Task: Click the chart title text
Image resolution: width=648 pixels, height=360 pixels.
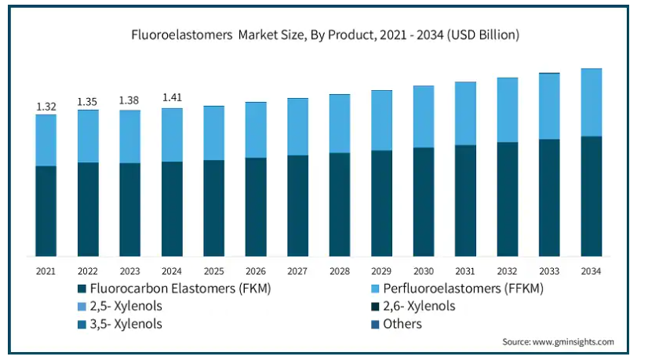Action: click(324, 35)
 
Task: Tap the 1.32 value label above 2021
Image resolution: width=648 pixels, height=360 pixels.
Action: click(46, 106)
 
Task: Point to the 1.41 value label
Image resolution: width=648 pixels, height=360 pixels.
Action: click(172, 98)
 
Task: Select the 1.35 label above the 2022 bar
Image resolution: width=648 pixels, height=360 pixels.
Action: click(88, 101)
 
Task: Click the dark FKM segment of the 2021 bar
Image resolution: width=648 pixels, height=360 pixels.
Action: click(46, 210)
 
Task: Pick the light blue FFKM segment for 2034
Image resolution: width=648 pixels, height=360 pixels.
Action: click(592, 102)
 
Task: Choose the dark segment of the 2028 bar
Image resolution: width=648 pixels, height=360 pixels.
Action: click(340, 204)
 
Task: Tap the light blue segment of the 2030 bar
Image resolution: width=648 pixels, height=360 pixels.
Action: click(424, 116)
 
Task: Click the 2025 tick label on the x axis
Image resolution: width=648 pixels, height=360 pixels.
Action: click(213, 271)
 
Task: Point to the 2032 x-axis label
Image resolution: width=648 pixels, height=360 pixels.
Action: click(508, 271)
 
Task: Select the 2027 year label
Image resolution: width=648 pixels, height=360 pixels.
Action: click(297, 271)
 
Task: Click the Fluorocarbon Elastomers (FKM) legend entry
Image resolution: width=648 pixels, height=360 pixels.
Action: click(180, 289)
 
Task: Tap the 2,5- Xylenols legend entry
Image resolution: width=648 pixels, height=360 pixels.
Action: click(128, 306)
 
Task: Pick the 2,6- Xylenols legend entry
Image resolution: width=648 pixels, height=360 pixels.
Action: click(419, 306)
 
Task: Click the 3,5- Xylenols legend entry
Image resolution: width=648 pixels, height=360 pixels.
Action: click(128, 324)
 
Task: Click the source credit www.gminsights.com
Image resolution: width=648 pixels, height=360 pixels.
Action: click(558, 342)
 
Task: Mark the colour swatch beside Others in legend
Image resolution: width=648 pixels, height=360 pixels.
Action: click(375, 324)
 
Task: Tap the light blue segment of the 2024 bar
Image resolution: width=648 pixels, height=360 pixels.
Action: click(172, 135)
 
